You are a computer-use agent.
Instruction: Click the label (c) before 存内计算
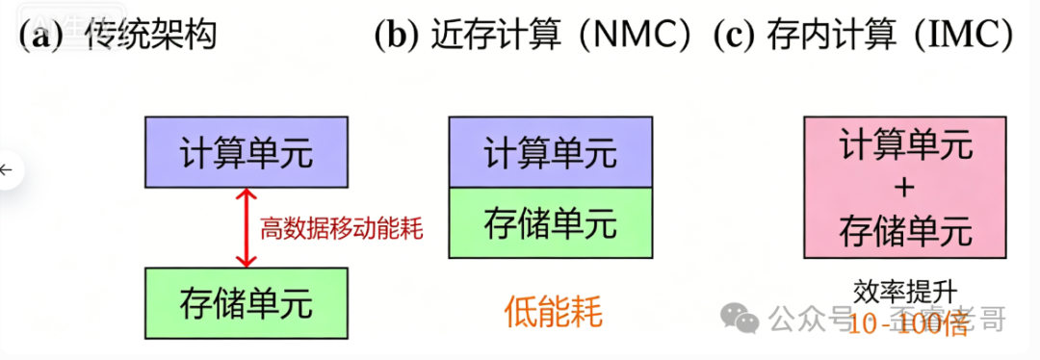735,36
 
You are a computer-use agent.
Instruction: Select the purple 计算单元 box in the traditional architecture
246,152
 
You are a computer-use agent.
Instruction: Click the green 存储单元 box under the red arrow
246,303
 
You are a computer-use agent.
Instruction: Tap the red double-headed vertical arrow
247,227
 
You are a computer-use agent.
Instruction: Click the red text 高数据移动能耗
342,228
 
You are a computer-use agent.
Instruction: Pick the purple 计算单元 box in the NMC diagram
550,152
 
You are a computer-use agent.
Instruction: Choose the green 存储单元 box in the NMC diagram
550,222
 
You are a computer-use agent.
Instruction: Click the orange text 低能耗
553,312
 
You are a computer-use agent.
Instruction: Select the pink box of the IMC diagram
904,189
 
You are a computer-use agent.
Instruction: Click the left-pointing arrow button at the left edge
9,170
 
